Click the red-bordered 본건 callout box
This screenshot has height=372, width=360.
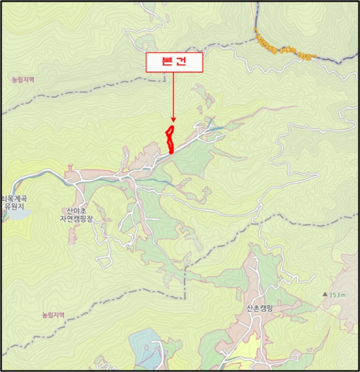click(174, 62)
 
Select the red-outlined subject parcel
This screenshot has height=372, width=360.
click(170, 137)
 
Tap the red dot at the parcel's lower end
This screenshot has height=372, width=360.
click(171, 151)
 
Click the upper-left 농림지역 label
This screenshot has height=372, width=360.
click(23, 80)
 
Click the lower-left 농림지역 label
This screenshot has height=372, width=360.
click(53, 315)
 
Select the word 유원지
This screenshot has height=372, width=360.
click(11, 207)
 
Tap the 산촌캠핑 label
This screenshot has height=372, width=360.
click(259, 308)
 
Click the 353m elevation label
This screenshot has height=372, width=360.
click(337, 294)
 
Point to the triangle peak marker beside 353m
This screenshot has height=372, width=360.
click(324, 294)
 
